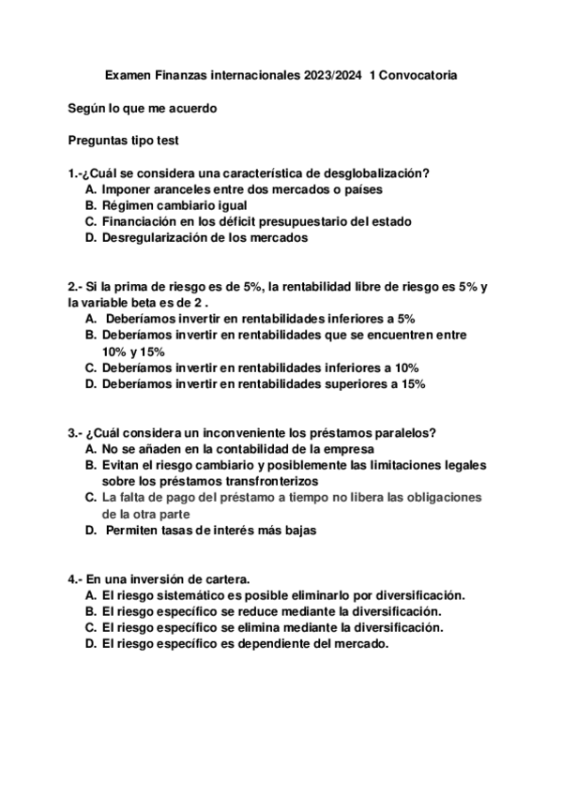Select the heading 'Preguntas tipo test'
[x=124, y=141]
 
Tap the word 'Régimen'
[x=126, y=205]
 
